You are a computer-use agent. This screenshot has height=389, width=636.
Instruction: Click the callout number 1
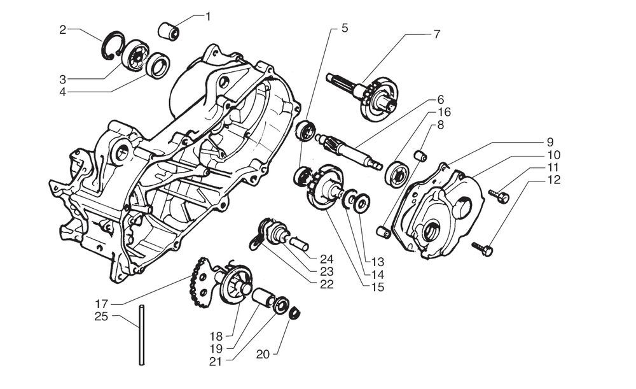(x=208, y=16)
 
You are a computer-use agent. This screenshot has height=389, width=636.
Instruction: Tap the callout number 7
(x=436, y=34)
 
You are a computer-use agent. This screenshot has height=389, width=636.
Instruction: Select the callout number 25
(x=101, y=316)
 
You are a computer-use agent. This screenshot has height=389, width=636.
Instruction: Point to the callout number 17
(x=101, y=303)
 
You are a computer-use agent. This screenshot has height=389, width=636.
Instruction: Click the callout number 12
(x=553, y=180)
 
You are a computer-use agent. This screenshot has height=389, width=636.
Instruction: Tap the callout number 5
(x=344, y=28)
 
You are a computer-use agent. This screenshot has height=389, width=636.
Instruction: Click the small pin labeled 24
(x=300, y=243)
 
